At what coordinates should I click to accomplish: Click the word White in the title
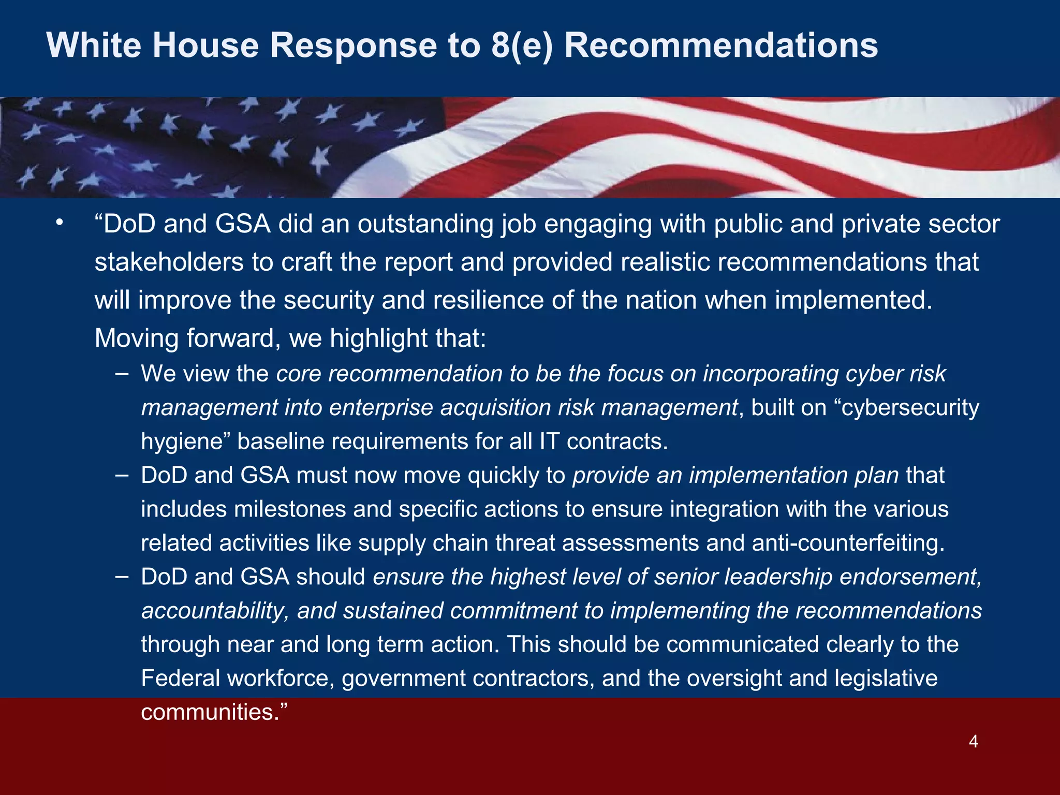coord(94,46)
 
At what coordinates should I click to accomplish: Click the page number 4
coord(973,742)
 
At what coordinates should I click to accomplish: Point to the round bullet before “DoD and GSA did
coord(60,223)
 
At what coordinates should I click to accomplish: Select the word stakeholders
coord(169,262)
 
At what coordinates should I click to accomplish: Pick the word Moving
coord(136,338)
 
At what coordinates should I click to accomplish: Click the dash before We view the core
coord(123,373)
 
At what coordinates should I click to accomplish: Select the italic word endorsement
coord(910,577)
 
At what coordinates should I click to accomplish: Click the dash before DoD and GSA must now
coord(123,475)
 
